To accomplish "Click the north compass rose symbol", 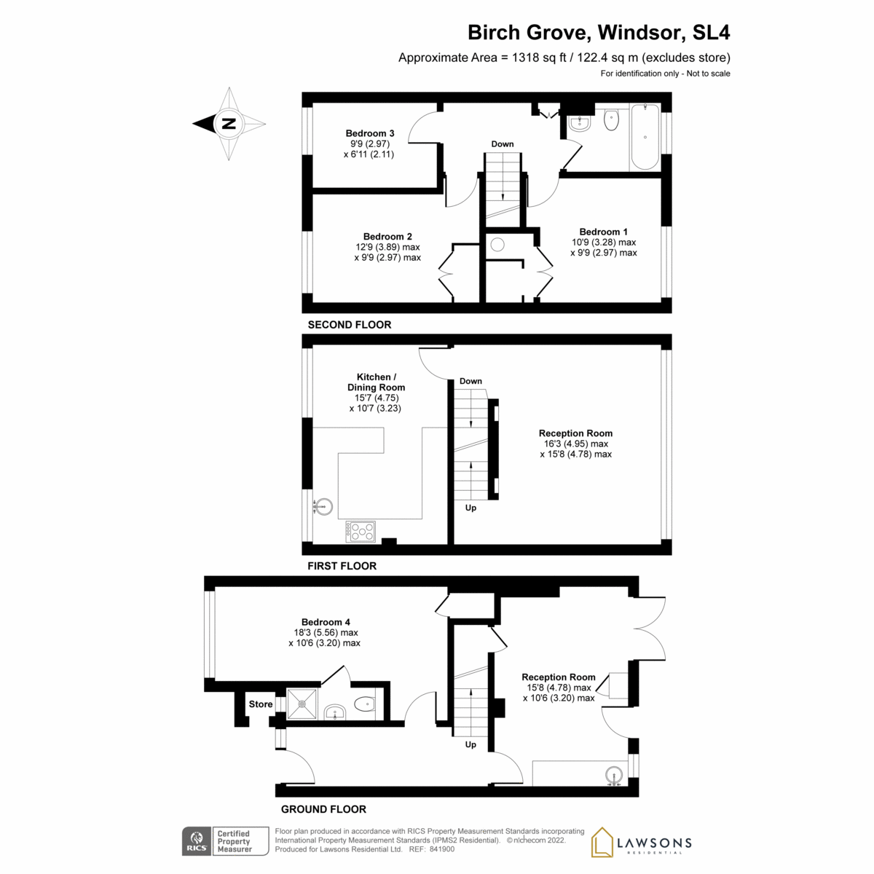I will pyautogui.click(x=229, y=123).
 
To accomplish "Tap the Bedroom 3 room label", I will pyautogui.click(x=370, y=133).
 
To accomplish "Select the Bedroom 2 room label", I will pyautogui.click(x=387, y=237).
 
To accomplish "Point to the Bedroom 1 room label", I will pyautogui.click(x=603, y=232).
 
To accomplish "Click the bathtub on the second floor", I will pyautogui.click(x=645, y=137).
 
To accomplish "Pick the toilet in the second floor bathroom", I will pyautogui.click(x=611, y=119).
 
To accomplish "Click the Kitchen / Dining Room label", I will pyautogui.click(x=376, y=382).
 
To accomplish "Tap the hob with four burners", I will pyautogui.click(x=361, y=532).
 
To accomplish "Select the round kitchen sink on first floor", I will pyautogui.click(x=323, y=505).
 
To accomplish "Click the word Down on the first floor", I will pyautogui.click(x=471, y=381).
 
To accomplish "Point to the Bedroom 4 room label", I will pyautogui.click(x=326, y=622).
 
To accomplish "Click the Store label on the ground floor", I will pyautogui.click(x=261, y=704).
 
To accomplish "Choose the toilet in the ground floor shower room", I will pyautogui.click(x=364, y=704).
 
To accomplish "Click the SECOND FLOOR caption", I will pyautogui.click(x=350, y=325).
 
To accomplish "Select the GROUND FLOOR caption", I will pyautogui.click(x=323, y=809).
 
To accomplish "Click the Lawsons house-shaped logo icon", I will pyautogui.click(x=602, y=842).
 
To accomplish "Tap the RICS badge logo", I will pyautogui.click(x=196, y=841).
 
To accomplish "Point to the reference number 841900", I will pyautogui.click(x=442, y=849).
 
